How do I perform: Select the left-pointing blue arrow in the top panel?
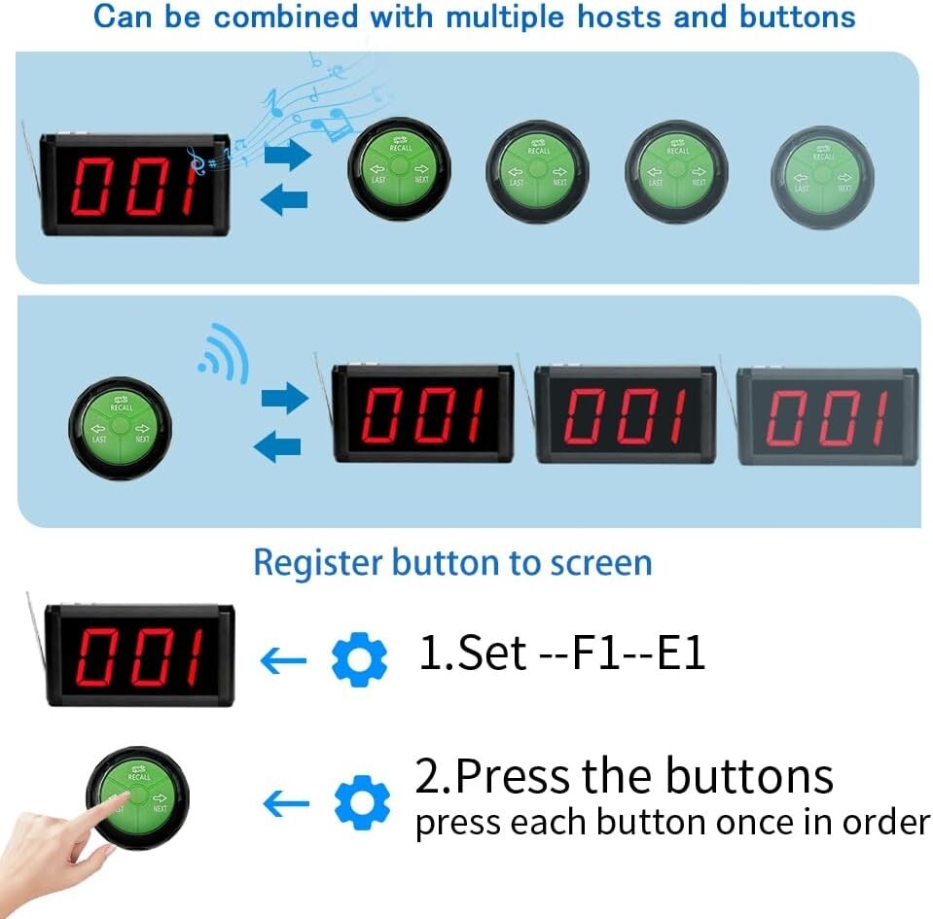(x=284, y=200)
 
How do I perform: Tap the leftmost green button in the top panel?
(x=400, y=169)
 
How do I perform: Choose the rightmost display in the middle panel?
(x=827, y=417)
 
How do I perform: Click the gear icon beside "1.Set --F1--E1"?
(x=359, y=660)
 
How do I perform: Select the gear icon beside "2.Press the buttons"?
(x=361, y=802)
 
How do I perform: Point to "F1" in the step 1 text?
(x=592, y=654)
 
